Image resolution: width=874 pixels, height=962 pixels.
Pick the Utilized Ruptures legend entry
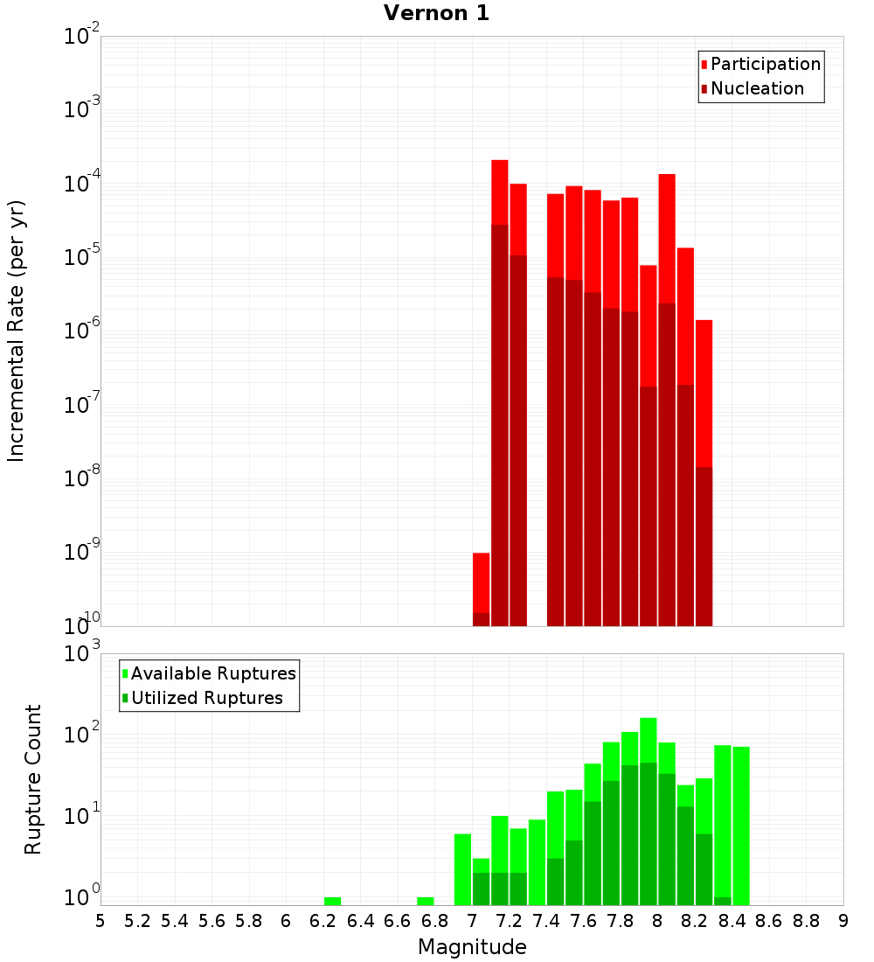click(x=206, y=698)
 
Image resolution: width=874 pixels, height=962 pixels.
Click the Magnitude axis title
click(x=472, y=947)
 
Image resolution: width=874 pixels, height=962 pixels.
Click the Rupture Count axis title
click(x=33, y=778)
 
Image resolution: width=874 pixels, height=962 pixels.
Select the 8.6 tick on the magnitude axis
click(x=769, y=921)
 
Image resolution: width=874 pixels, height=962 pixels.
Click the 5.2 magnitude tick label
click(x=137, y=921)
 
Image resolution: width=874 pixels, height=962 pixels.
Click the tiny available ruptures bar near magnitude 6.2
click(x=332, y=901)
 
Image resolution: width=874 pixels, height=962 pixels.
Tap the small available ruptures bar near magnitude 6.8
click(x=426, y=901)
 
